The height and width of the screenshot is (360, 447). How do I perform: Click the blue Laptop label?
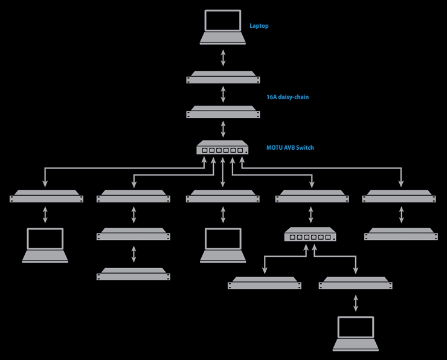point(259,25)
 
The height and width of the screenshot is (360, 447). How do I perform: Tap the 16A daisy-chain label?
point(288,97)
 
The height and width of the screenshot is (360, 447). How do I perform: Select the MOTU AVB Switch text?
point(290,147)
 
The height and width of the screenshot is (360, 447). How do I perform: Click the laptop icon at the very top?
point(223,27)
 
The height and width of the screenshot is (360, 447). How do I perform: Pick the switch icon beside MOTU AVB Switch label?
point(222,147)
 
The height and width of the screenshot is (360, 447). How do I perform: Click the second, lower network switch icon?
point(310,234)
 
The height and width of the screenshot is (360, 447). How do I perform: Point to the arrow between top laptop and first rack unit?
point(224,58)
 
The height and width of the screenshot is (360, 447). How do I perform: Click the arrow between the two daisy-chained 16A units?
point(224,94)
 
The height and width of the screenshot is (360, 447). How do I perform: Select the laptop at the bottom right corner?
point(356,333)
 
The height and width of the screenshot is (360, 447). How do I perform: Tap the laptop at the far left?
point(45,245)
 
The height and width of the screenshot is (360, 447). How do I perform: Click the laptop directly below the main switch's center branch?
point(223,245)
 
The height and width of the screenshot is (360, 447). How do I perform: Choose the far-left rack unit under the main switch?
point(47,196)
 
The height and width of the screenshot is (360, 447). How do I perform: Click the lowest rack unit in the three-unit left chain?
point(133,274)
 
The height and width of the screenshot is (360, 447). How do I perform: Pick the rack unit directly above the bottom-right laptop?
point(356,283)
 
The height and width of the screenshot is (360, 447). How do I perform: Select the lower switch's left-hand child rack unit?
point(265,283)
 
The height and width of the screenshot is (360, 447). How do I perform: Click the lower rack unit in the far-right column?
point(401,234)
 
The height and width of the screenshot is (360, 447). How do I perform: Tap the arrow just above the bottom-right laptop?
point(356,303)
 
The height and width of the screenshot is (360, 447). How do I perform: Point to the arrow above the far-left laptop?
point(45,214)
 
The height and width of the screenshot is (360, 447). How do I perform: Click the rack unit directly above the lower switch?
point(312,196)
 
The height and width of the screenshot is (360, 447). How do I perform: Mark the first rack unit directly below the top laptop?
point(224,77)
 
